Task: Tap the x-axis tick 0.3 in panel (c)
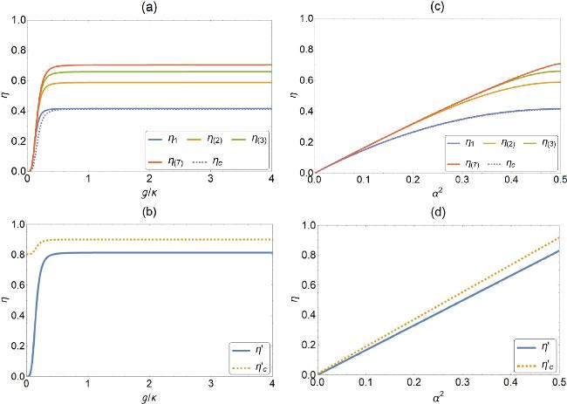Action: point(461,179)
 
